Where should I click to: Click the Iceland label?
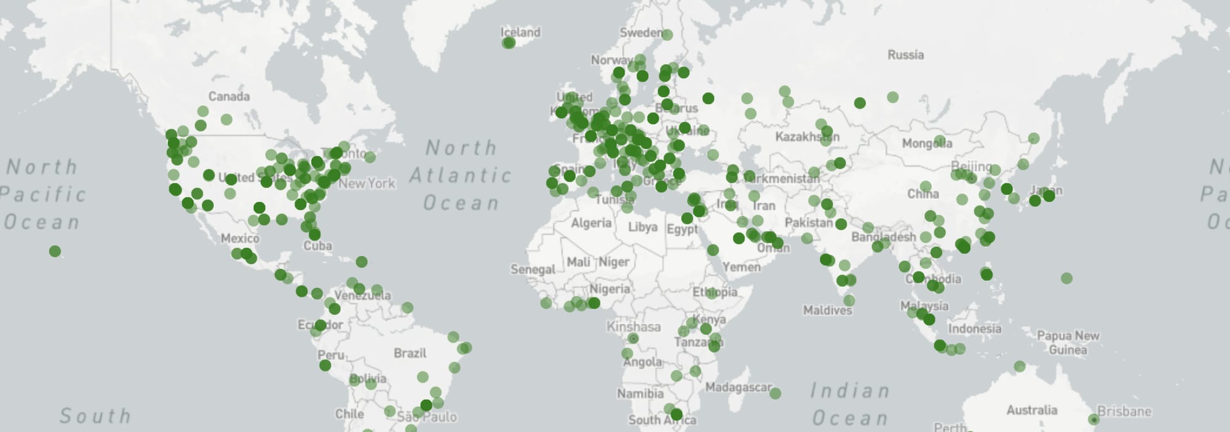tap(520, 32)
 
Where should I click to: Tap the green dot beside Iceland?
tap(509, 42)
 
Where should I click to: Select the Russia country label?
tap(905, 55)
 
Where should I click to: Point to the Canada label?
tap(229, 96)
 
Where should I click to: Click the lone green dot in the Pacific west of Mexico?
tap(55, 251)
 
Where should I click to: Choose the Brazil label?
tap(410, 353)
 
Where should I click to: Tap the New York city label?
tap(367, 183)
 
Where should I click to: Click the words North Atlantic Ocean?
tap(461, 175)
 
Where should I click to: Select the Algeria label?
tap(591, 223)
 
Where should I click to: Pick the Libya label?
tap(643, 227)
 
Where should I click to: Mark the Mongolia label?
tap(927, 143)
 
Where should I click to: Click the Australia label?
tap(1032, 410)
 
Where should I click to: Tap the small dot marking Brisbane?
tap(1093, 419)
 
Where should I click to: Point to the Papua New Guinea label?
tap(1068, 343)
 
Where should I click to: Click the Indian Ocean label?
tap(850, 404)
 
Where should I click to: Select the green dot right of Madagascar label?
tap(775, 393)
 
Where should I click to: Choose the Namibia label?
tap(640, 393)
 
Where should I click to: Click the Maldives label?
tap(827, 310)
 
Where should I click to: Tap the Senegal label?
tap(533, 270)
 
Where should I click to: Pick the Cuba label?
tap(317, 246)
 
